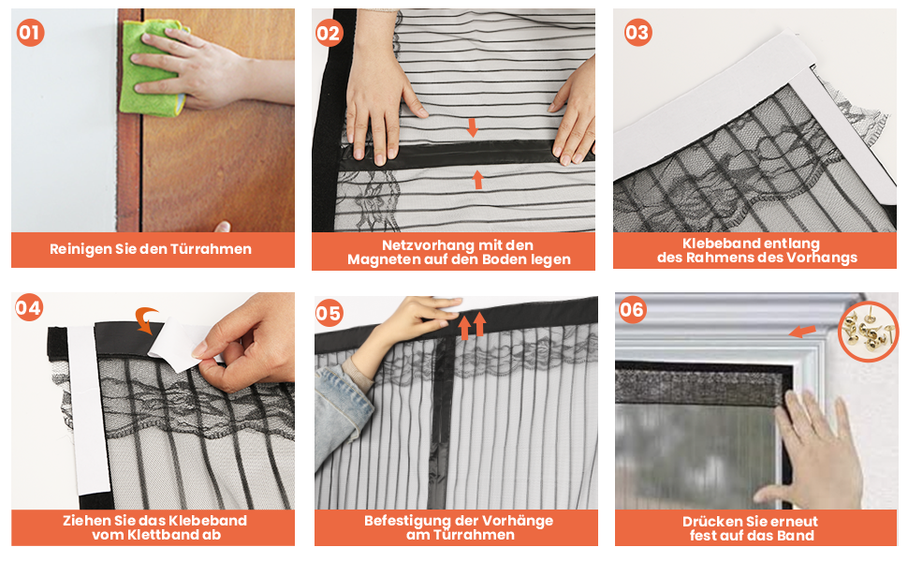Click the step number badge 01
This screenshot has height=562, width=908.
coord(30,33)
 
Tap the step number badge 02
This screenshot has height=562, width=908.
coord(329,33)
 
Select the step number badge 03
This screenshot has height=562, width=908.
coord(638,33)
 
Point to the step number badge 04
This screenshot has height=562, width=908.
coord(28,307)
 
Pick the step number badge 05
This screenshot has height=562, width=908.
coord(329,314)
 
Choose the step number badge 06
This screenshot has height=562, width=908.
coord(632,309)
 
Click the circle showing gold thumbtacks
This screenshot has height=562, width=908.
coord(868,332)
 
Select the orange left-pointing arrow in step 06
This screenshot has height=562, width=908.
coord(802,332)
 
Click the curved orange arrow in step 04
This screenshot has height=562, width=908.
coord(146,319)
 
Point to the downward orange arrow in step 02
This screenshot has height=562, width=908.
coord(473,127)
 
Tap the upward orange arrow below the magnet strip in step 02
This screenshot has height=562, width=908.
coord(477,180)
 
